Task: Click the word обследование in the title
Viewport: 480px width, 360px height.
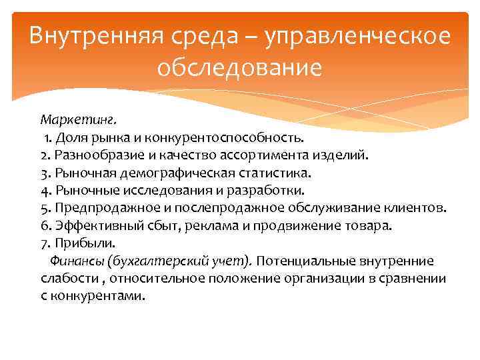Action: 240,67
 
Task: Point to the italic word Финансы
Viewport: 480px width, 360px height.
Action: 74,261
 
